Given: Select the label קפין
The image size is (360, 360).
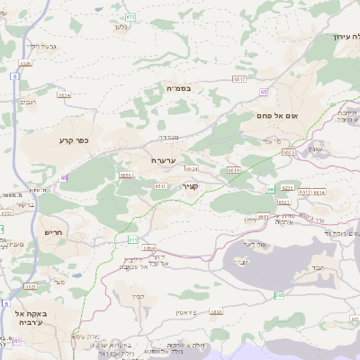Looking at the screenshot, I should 138,298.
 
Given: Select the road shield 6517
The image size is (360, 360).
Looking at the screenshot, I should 238,79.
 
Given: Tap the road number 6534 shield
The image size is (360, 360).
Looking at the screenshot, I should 63,94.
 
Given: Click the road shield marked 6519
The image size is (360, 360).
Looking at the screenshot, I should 234,169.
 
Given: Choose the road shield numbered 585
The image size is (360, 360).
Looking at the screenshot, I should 280,295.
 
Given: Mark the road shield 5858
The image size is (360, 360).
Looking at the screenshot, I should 215,311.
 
